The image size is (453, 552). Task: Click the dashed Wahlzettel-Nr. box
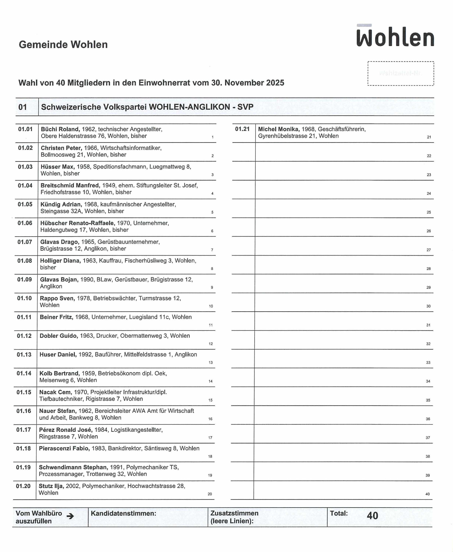[x=401, y=73]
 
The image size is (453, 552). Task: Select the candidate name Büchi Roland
[x=60, y=129]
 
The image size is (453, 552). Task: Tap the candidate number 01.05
[x=25, y=204]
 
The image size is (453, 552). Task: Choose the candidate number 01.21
[x=242, y=129]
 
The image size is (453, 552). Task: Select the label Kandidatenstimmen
[x=123, y=513]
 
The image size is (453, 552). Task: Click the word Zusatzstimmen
[x=234, y=513]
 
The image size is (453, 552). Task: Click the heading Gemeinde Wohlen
[x=63, y=45]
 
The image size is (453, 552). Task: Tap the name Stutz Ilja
[x=51, y=486]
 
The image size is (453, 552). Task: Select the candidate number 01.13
[x=24, y=354]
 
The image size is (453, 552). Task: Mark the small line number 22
[x=429, y=156]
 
